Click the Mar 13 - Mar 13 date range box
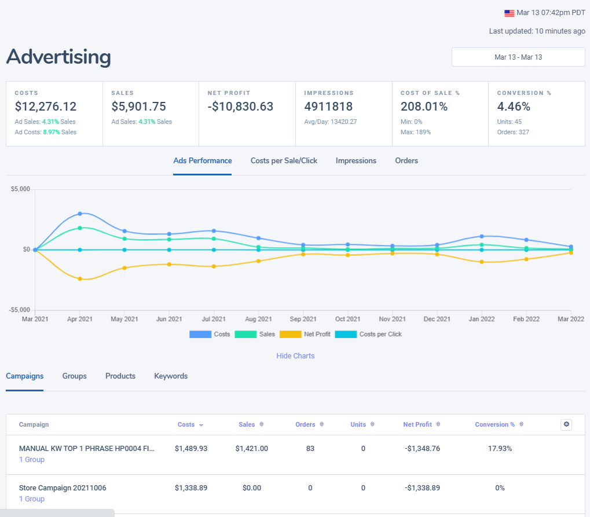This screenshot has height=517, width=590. [518, 57]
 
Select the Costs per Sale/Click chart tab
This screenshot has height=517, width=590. [284, 161]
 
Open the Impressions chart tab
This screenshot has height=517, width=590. [356, 161]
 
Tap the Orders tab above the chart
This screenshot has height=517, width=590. [406, 161]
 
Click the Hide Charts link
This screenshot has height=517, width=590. [295, 356]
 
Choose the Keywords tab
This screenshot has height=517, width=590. [171, 376]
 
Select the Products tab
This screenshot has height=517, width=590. [120, 376]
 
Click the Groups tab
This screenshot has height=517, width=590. [74, 376]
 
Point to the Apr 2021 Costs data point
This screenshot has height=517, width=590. [80, 214]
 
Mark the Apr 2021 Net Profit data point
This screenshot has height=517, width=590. [80, 279]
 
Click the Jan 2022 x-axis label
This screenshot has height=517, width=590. [481, 319]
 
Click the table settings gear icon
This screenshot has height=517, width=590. [566, 424]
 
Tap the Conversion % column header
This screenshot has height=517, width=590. [495, 425]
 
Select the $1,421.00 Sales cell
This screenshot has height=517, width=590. [252, 449]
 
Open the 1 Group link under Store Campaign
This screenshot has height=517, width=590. [32, 499]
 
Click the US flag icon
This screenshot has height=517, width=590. [510, 13]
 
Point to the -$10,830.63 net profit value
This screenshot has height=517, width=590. [240, 107]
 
